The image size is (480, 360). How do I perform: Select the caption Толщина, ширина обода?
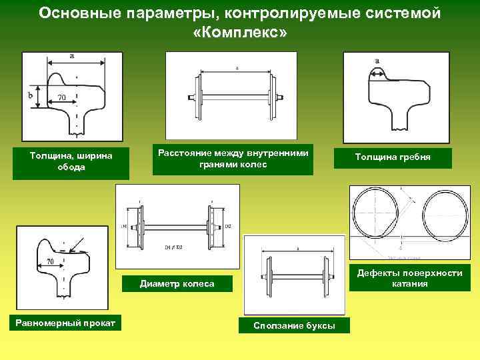pyautogui.click(x=71, y=162)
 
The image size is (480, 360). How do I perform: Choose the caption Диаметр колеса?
pyautogui.click(x=177, y=284)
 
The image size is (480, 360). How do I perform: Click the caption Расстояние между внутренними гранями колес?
pyautogui.click(x=233, y=159)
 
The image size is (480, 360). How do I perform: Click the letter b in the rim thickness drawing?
pyautogui.click(x=31, y=96)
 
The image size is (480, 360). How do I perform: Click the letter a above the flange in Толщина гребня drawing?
pyautogui.click(x=378, y=60)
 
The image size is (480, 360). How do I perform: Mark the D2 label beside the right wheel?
pyautogui.click(x=228, y=227)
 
